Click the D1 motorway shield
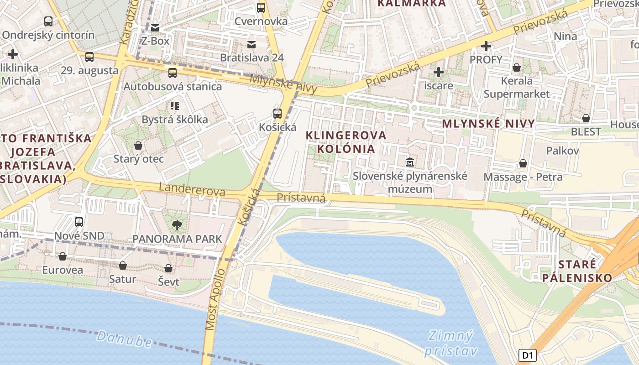coord(527,355)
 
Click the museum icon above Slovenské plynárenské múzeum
coord(409,162)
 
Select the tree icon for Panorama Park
coord(177,224)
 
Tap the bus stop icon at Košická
coord(277,114)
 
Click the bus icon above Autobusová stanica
coord(172,73)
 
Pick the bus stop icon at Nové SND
coord(79,222)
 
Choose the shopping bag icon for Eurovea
coord(63,256)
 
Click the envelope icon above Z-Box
coord(155,28)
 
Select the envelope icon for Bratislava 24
coord(251,44)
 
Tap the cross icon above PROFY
coord(486,46)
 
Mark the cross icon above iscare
coord(438,72)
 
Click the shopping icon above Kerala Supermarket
coord(517,68)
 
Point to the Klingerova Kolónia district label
coord(346,142)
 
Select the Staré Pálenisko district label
coord(577,271)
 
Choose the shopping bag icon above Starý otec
coord(138,146)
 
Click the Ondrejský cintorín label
coord(48,35)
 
